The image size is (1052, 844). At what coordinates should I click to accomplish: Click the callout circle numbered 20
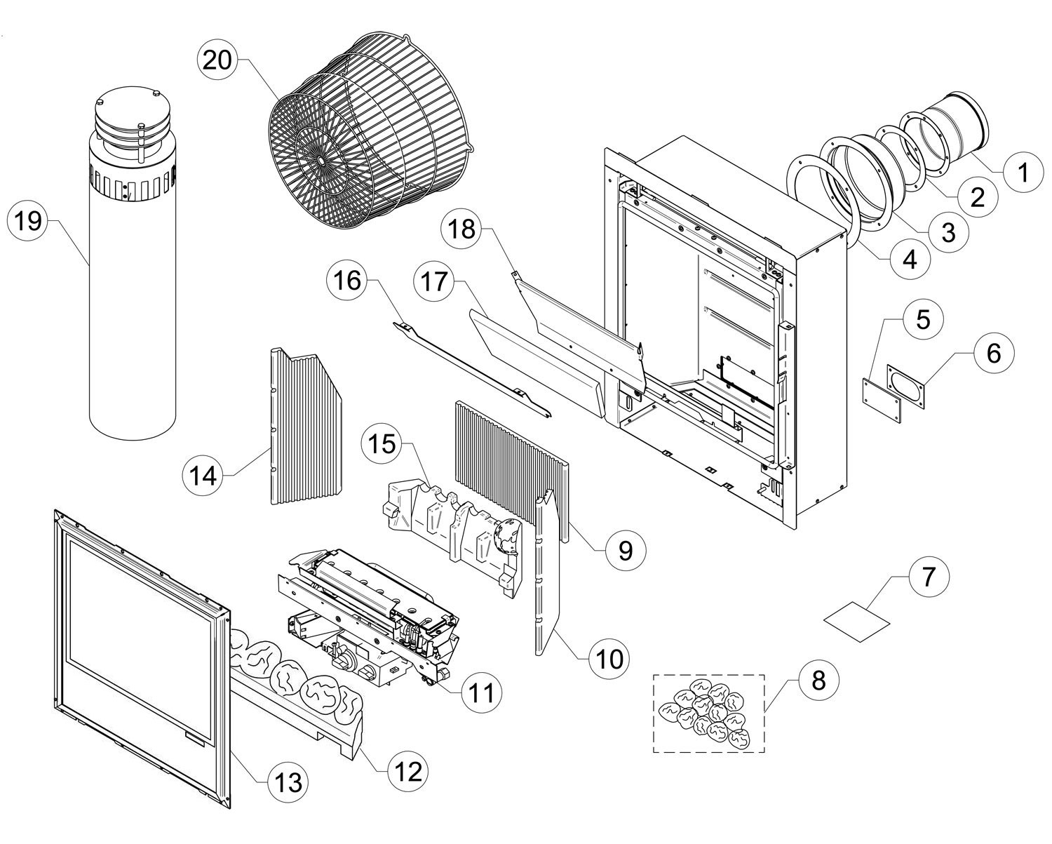tap(217, 60)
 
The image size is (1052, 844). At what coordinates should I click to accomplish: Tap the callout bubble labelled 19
tap(28, 221)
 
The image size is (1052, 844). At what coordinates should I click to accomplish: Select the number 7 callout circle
tap(929, 576)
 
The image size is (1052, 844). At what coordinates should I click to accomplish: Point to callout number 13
tap(288, 782)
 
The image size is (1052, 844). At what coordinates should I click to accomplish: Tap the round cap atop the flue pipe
tap(133, 117)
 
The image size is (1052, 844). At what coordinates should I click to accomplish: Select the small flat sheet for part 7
tap(856, 623)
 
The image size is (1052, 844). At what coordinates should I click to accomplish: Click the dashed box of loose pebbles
tap(709, 714)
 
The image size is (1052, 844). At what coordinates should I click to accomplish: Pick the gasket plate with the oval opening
tap(905, 387)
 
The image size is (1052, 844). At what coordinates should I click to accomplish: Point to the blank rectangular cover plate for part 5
tap(881, 401)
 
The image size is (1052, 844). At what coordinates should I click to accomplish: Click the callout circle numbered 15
tap(382, 444)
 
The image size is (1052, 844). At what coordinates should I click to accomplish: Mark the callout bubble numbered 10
tap(609, 658)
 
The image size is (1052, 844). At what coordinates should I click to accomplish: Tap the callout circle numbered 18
tap(461, 228)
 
